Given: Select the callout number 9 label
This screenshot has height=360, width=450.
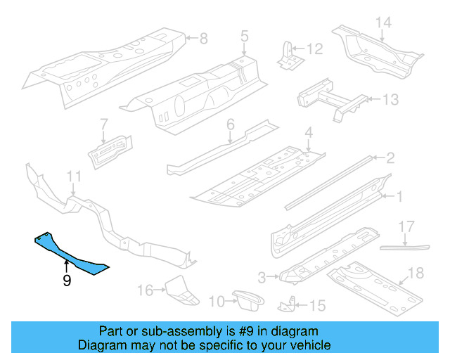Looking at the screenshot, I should [66, 281].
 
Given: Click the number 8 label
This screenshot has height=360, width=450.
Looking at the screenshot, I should [203, 38].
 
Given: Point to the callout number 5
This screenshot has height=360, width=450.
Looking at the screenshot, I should [244, 35].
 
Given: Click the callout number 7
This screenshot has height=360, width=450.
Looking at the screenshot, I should [103, 123].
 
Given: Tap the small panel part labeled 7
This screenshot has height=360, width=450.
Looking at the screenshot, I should [110, 148].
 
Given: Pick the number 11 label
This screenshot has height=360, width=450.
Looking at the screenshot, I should [75, 176].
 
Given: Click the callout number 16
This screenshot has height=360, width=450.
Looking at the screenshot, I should [145, 290].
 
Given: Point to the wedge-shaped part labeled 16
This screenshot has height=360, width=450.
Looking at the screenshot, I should [180, 290].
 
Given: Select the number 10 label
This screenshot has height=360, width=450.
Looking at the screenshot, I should [217, 302].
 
